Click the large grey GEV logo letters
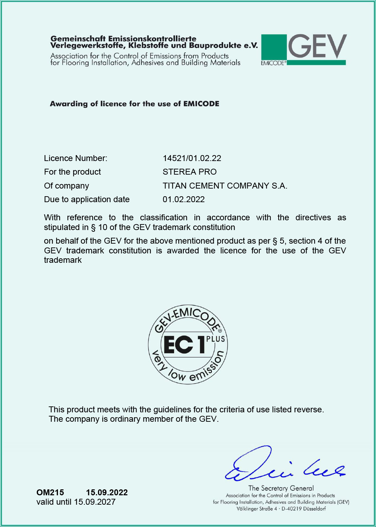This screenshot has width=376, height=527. [317, 46]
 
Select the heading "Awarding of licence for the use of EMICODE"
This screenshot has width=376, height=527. [134, 104]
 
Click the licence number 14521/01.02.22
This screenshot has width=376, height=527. [192, 158]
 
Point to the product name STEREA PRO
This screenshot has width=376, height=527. [189, 172]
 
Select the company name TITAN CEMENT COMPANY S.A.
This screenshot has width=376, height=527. [225, 186]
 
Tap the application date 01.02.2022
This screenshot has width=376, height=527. [184, 199]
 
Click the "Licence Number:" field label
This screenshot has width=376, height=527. [75, 158]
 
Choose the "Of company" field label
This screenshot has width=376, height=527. [66, 186]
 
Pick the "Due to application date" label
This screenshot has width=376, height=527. [87, 199]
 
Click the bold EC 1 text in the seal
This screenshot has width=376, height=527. [184, 345]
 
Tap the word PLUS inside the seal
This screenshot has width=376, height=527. [215, 339]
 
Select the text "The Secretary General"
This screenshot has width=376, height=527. [281, 488]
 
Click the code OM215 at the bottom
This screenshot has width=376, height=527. [50, 492]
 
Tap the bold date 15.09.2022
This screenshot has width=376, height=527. [107, 492]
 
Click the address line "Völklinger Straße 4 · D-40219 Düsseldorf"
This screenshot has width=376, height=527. [281, 509]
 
